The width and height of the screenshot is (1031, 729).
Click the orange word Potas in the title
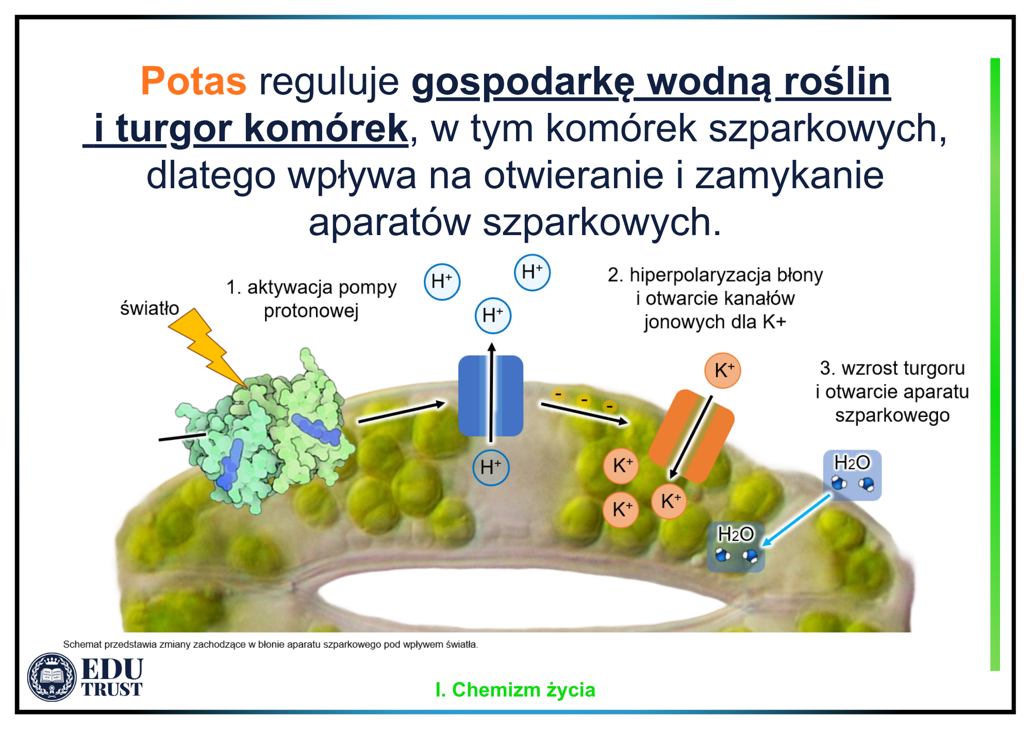pos(194,81)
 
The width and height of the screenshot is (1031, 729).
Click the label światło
pos(149,308)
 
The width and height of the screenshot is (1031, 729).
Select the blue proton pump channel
pos(491,395)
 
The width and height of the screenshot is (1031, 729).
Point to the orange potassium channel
pos(691,436)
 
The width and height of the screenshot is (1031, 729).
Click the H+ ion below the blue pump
pos(491,468)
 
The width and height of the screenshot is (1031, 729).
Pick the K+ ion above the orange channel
pos(723,370)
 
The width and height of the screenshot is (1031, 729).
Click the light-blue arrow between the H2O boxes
pos(796,520)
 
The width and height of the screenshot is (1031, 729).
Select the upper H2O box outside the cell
pos(852,475)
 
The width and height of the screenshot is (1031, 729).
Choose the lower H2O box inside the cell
pos(736,547)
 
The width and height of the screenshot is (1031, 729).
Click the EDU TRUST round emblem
pos(52,677)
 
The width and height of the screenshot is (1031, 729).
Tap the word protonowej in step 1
pos(311,311)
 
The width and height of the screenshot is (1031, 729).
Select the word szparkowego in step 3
pos(892,416)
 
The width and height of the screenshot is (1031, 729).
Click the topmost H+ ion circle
pos(533,273)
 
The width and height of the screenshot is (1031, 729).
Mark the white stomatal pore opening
pos(515,599)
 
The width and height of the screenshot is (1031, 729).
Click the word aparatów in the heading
pos(390,222)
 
